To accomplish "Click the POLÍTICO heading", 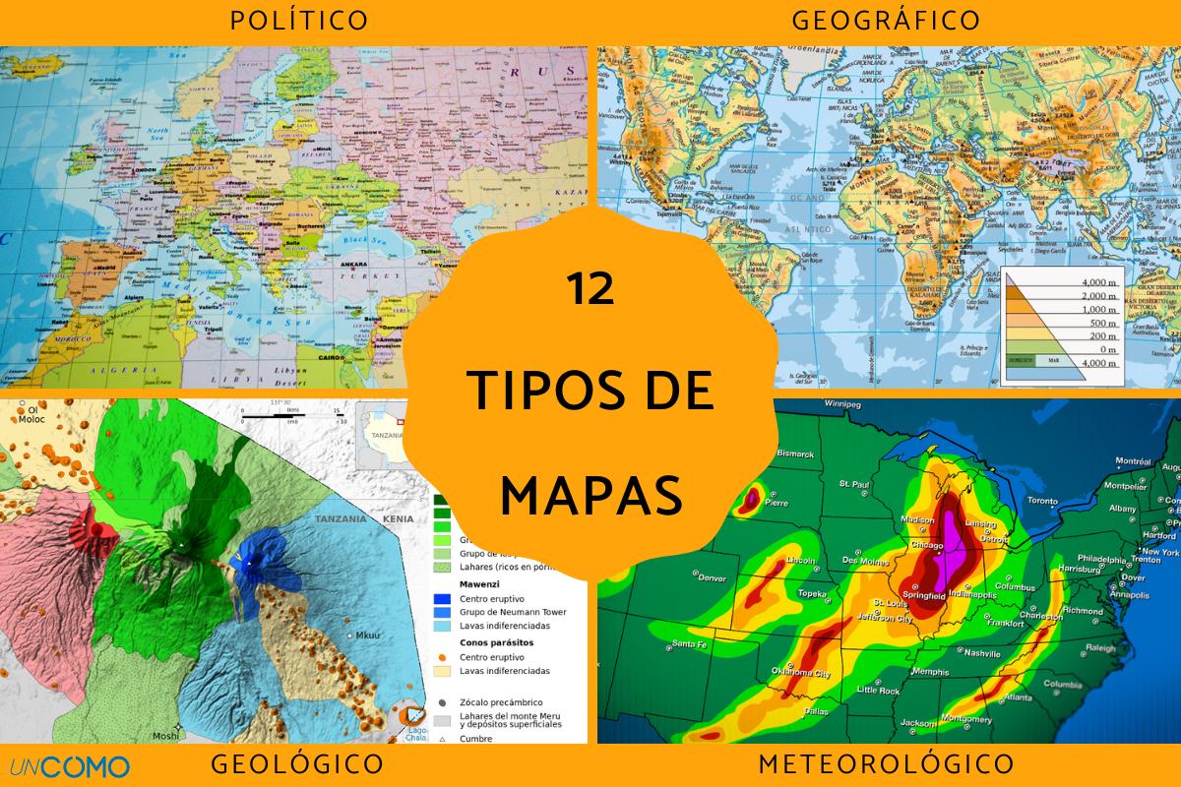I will coord(298,20).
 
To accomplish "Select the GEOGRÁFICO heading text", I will coord(886,20).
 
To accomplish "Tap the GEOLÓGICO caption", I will coord(297,764).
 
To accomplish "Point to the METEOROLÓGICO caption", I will coord(886,764).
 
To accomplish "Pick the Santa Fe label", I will coord(689,644).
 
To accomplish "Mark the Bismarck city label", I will coord(796,454).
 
